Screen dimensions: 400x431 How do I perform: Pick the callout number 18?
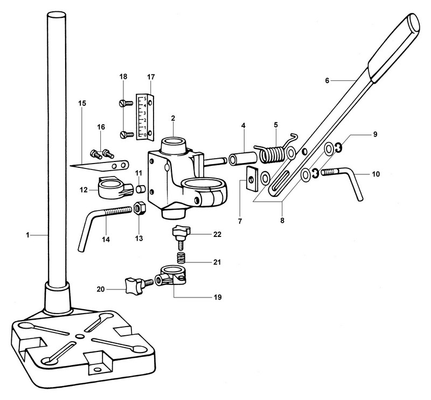[x=123, y=77]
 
